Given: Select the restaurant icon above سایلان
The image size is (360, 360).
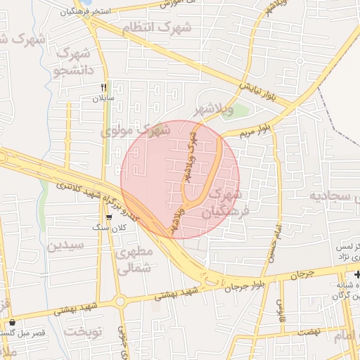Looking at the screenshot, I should (x=103, y=87).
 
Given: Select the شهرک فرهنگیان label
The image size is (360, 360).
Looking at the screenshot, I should (x=225, y=203).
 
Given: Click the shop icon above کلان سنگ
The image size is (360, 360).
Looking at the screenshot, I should (x=108, y=217).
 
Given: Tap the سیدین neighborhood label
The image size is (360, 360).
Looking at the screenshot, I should (x=66, y=246).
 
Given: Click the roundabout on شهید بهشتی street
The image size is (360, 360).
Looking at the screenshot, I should (x=120, y=302).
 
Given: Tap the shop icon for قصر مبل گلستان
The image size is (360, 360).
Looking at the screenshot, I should (x=11, y=323).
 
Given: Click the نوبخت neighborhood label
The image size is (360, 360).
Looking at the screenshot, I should (x=84, y=330).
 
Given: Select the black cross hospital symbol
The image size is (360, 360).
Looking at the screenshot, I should (x=356, y=274).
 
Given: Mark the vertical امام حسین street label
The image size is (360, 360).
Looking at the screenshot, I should (x=272, y=243).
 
